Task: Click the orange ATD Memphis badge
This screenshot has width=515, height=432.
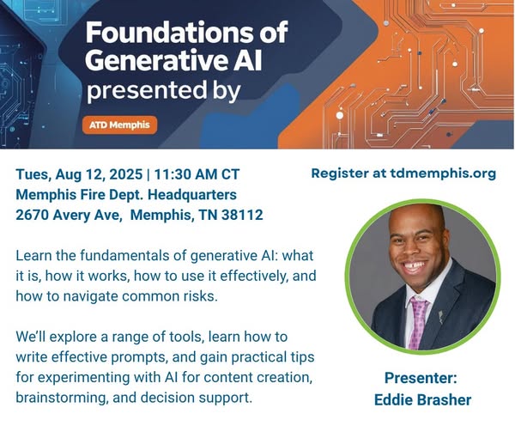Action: (119, 125)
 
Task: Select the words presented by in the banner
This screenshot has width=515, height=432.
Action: (163, 91)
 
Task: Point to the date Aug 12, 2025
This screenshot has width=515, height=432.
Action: (99, 174)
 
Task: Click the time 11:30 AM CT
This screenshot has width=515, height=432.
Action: (197, 174)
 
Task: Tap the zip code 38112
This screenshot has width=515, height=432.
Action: (242, 215)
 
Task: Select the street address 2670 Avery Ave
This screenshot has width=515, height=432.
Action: (67, 216)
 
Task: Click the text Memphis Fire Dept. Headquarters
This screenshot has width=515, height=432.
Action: (126, 195)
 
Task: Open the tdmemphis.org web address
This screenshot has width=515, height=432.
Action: (443, 173)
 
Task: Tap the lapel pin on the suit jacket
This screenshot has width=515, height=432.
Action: (441, 316)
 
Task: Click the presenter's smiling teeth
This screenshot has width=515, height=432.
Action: (415, 265)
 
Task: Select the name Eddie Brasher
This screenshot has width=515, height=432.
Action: (422, 400)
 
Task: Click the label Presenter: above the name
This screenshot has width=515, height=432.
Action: (421, 378)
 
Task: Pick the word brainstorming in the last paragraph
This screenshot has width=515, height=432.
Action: (62, 398)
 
